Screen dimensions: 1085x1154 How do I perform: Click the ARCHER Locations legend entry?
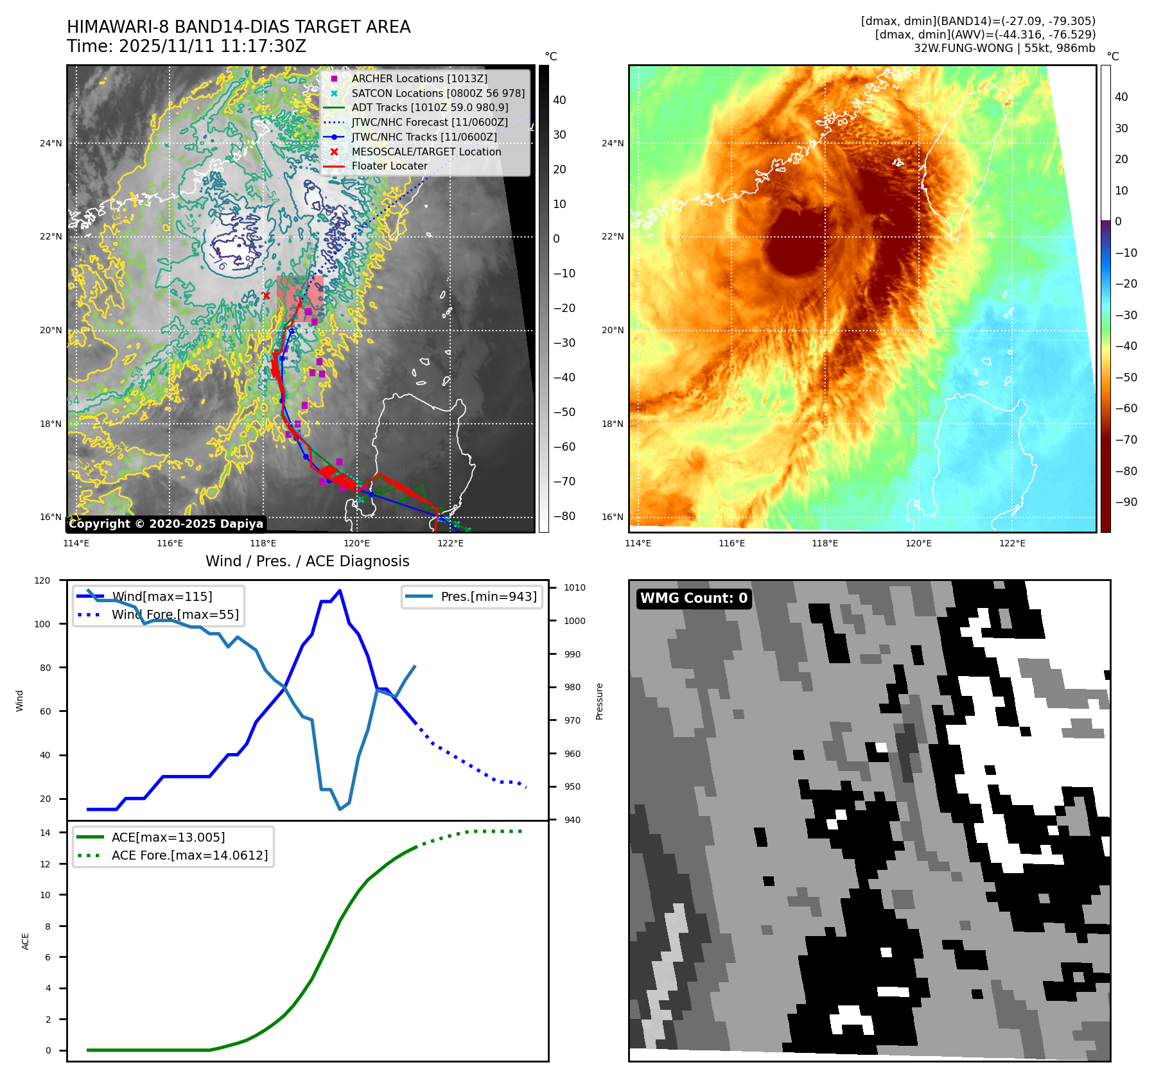click(419, 78)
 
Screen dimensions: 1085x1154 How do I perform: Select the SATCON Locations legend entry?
click(437, 93)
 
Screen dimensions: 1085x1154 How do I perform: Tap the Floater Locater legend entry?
click(389, 166)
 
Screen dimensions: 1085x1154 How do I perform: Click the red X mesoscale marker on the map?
click(267, 295)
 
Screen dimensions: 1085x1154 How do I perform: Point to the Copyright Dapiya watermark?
click(166, 524)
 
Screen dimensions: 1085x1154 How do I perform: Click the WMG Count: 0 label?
click(694, 598)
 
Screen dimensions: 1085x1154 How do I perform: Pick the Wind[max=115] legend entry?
click(161, 596)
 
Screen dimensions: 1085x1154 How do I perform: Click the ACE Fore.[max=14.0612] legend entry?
click(189, 855)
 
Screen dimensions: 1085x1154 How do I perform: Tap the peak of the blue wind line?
click(340, 591)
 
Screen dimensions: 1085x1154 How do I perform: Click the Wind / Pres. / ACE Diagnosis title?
click(307, 561)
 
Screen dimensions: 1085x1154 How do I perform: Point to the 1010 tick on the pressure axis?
click(575, 587)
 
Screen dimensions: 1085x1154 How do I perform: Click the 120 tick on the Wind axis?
click(42, 580)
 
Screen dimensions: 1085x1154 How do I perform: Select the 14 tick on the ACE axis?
click(46, 833)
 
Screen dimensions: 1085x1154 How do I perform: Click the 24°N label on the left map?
click(51, 143)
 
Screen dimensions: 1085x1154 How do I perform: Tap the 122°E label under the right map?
click(1012, 543)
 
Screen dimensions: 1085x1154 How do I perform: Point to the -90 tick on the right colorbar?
click(1126, 502)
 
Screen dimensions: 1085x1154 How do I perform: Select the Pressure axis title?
click(599, 701)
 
